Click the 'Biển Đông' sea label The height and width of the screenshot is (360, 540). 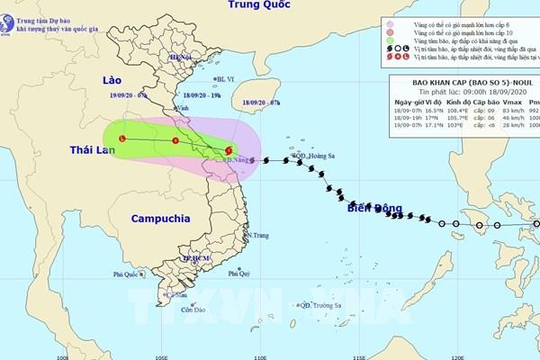point(374,209)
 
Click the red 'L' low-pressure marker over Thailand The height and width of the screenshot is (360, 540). point(122,139)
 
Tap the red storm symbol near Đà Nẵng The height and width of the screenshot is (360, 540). point(229,150)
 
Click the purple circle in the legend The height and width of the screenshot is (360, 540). point(391,25)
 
